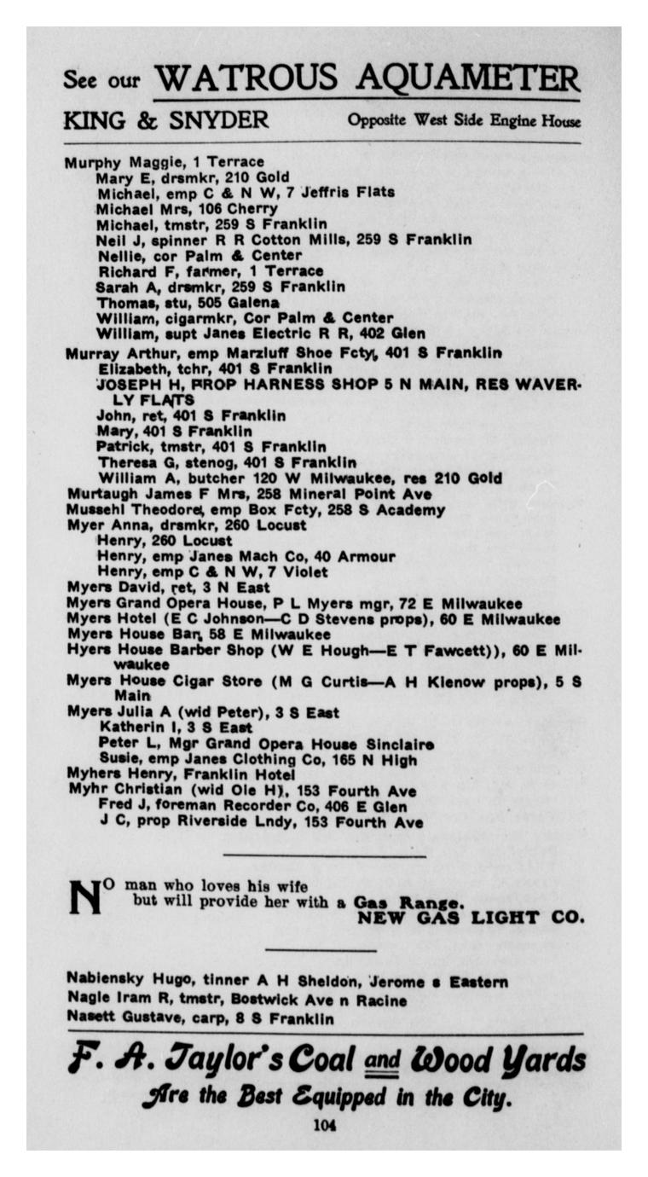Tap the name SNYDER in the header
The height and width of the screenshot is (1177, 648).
(x=218, y=120)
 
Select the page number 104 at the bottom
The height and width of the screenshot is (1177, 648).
(x=324, y=1125)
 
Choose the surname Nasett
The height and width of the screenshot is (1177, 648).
(x=91, y=1018)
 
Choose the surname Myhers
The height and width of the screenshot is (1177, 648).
(x=93, y=774)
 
